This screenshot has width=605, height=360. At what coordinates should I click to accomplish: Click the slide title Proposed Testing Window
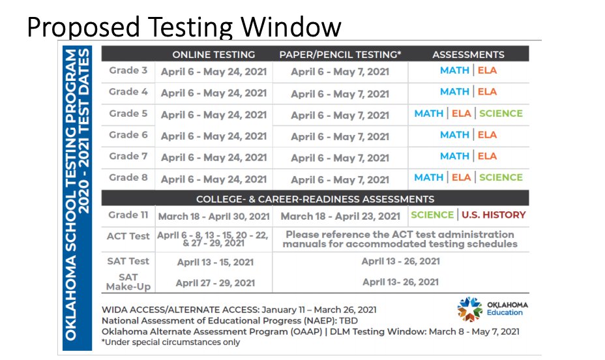(184, 27)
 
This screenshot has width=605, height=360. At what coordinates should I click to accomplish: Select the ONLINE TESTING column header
(213, 55)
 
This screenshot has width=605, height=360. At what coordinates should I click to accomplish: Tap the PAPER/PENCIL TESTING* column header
(340, 55)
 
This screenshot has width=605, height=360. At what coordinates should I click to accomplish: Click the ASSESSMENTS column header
(468, 55)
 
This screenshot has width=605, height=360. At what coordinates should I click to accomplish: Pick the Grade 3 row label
(128, 70)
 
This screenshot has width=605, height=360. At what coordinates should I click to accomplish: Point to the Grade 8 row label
(128, 177)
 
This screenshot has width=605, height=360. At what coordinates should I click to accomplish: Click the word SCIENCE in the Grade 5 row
(501, 113)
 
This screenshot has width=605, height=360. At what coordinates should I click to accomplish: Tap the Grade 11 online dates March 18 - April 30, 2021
(214, 216)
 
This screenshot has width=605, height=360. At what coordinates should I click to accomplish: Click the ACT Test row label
(128, 236)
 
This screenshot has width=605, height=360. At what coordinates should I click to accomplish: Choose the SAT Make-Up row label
(128, 282)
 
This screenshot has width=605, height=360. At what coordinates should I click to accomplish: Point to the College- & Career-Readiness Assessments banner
(315, 199)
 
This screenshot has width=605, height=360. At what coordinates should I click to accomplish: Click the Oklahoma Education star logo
(469, 308)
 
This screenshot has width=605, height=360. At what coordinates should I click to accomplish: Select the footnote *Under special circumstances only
(171, 342)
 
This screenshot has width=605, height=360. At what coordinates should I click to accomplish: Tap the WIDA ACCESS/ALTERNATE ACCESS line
(239, 310)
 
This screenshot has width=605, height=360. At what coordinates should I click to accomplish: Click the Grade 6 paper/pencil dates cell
(340, 136)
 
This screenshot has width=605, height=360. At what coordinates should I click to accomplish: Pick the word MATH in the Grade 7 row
(454, 157)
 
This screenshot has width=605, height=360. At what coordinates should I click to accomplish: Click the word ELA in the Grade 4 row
(486, 92)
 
